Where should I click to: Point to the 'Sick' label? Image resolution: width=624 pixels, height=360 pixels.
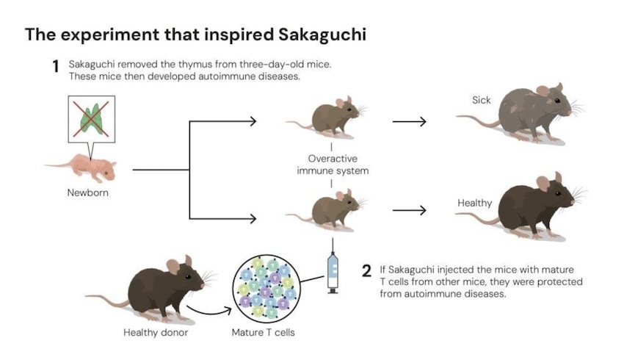point(482,99)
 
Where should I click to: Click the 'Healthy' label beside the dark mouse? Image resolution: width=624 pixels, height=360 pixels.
point(474,203)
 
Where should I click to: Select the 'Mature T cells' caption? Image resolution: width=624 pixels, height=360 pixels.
point(266,334)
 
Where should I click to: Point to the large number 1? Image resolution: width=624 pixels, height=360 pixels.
point(54,66)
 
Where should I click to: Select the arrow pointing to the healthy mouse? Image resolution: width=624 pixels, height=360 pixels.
point(409,210)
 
